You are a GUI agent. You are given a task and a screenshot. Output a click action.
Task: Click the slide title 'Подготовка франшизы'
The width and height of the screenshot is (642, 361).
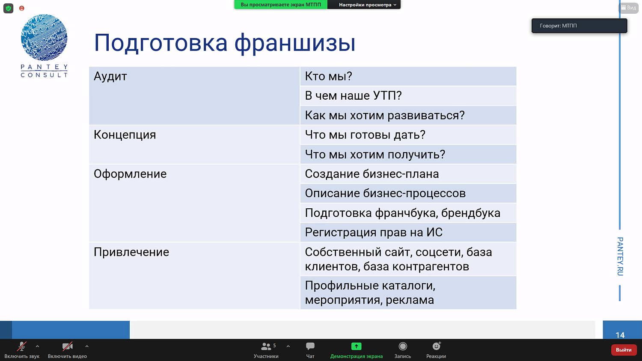tap(224, 43)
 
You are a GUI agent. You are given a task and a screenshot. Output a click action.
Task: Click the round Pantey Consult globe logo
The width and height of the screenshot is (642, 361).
tap(44, 38)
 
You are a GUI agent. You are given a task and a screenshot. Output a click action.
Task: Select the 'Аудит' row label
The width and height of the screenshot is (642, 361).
tap(110, 77)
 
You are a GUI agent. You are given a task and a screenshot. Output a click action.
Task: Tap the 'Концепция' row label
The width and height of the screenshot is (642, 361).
tap(125, 135)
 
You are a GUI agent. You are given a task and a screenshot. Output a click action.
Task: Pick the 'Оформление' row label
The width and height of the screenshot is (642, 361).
tap(130, 174)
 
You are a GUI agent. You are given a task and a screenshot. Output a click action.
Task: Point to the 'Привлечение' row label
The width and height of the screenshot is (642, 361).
tap(131, 252)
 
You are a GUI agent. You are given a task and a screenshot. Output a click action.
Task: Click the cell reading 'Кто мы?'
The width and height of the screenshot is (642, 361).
tap(328, 77)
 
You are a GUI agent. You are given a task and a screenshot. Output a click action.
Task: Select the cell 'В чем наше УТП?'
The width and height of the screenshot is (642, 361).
tap(353, 96)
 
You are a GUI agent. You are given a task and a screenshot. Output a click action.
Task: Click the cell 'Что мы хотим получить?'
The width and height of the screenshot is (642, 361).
tap(375, 154)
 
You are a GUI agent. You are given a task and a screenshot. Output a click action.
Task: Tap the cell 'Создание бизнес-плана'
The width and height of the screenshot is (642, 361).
tap(372, 174)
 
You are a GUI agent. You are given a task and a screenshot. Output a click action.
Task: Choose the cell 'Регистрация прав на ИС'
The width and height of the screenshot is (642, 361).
tap(374, 232)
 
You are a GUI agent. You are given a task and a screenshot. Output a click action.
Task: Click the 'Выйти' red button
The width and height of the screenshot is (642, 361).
tap(624, 350)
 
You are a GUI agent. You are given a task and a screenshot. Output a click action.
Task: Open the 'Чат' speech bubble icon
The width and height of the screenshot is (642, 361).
tap(310, 346)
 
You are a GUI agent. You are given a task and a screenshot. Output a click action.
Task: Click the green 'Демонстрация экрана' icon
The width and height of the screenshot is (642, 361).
tap(356, 346)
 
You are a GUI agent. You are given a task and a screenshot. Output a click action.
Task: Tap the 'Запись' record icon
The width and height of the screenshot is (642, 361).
tap(402, 346)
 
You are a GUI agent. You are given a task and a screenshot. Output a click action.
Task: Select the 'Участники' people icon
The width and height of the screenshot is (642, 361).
tap(266, 346)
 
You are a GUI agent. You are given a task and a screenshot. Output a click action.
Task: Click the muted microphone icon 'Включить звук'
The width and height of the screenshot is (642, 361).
tap(21, 346)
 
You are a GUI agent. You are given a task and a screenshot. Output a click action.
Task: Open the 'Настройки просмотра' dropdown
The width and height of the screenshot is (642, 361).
tap(367, 5)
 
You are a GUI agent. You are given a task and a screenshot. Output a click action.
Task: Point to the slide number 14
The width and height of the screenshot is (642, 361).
tap(620, 335)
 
